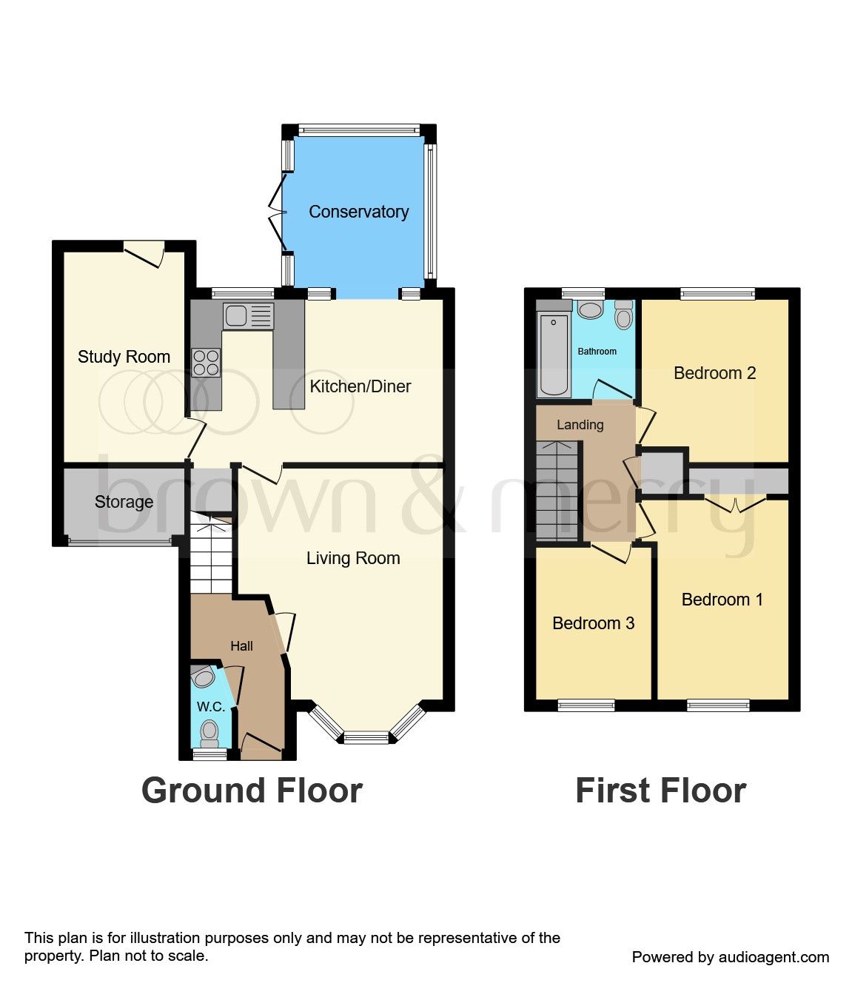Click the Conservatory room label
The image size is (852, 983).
(x=358, y=212)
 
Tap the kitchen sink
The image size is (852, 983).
(x=248, y=316)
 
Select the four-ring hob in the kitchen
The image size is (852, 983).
(x=206, y=362)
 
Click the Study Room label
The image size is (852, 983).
(x=124, y=357)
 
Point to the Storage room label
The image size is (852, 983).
(x=124, y=502)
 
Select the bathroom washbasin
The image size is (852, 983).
(x=590, y=309)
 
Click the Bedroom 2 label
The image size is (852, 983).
(x=714, y=373)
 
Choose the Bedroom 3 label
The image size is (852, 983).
(x=593, y=623)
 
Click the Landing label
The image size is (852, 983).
(x=580, y=425)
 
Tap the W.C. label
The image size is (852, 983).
(x=210, y=707)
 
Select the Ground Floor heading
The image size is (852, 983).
(x=252, y=791)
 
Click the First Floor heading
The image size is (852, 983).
(x=660, y=791)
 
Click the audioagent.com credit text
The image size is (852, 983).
(x=730, y=957)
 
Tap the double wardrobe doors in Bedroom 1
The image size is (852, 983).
(x=734, y=505)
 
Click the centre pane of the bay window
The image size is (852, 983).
(x=366, y=737)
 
